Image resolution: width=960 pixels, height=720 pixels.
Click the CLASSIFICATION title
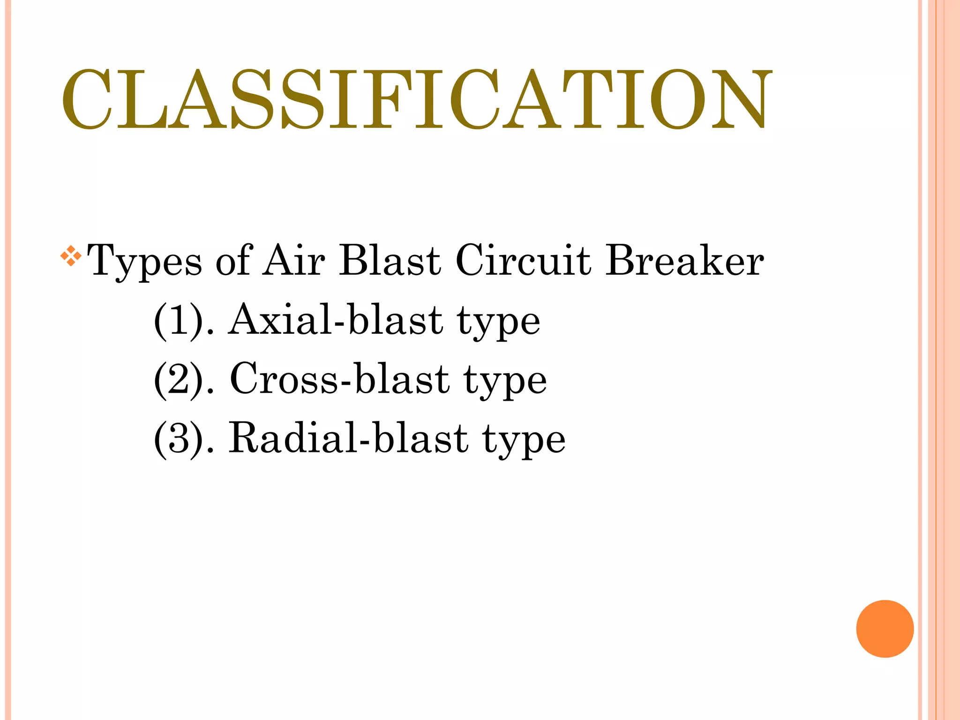click(x=416, y=99)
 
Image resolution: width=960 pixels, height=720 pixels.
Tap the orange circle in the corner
click(x=885, y=629)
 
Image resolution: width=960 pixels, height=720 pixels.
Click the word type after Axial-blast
click(x=498, y=323)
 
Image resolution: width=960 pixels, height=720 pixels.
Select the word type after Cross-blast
click(x=505, y=382)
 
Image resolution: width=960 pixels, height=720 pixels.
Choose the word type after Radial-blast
click(x=524, y=442)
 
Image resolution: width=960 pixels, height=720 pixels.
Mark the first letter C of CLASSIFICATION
click(x=86, y=99)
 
